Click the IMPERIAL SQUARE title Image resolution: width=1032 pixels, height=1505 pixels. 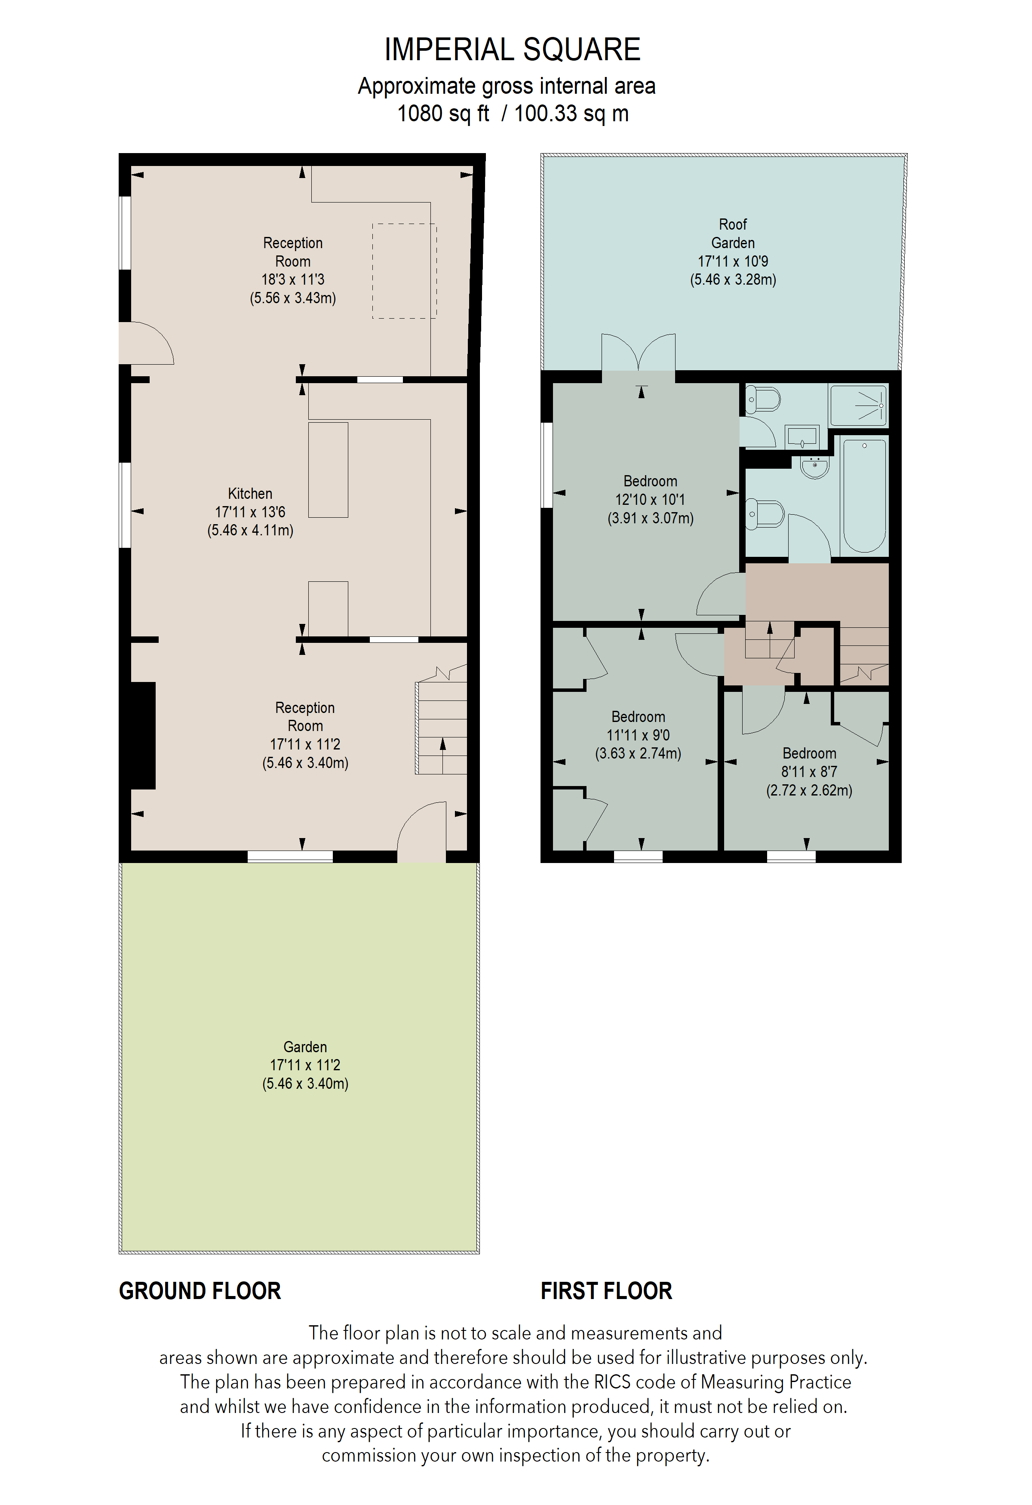pyautogui.click(x=512, y=50)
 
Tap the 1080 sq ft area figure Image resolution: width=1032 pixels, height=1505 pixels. pyautogui.click(x=443, y=114)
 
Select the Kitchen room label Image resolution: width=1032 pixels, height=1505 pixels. pyautogui.click(x=250, y=494)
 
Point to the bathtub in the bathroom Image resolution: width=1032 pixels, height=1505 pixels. pyautogui.click(x=864, y=495)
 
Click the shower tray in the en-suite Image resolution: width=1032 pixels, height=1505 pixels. pyautogui.click(x=858, y=405)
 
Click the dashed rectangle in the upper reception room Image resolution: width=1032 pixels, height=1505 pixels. pyautogui.click(x=404, y=271)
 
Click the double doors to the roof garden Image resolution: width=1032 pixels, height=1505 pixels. pyautogui.click(x=639, y=353)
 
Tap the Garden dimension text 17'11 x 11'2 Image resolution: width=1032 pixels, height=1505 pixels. pyautogui.click(x=305, y=1065)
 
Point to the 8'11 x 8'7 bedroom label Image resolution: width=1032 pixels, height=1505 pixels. pyautogui.click(x=809, y=771)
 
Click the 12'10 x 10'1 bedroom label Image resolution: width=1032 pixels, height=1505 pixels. pyautogui.click(x=650, y=499)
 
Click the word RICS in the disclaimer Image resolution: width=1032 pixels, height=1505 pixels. pyautogui.click(x=611, y=1382)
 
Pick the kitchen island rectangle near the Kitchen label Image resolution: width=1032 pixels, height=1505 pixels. pyautogui.click(x=328, y=470)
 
